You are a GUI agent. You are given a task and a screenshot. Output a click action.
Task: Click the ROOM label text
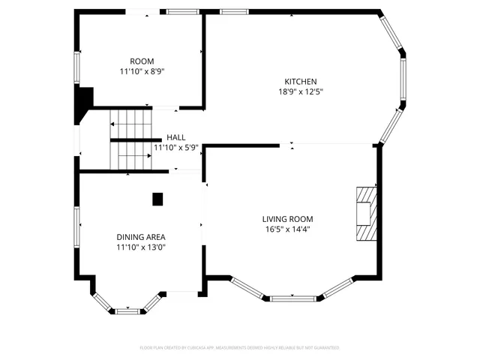(142, 61)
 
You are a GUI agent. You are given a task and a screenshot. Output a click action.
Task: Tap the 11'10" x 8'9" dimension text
(142, 72)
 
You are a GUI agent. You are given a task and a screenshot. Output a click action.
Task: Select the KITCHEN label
(300, 82)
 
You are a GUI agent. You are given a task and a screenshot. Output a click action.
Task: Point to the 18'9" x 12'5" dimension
(300, 92)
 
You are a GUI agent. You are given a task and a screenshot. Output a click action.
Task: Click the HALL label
(176, 137)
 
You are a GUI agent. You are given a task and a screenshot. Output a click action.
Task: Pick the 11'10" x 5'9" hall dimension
(176, 148)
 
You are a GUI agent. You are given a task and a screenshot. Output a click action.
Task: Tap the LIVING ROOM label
(287, 219)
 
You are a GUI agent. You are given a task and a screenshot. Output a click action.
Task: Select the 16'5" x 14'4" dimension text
(287, 229)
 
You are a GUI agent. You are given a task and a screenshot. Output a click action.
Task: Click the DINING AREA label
(141, 237)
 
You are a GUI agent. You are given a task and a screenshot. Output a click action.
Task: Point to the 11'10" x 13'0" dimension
(141, 247)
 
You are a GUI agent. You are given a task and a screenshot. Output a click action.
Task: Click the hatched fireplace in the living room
(364, 214)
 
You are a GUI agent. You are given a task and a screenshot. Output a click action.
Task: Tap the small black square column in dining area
(157, 199)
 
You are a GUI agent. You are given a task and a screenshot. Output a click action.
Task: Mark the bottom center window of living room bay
(292, 298)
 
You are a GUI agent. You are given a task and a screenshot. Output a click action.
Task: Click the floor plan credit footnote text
(240, 348)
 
